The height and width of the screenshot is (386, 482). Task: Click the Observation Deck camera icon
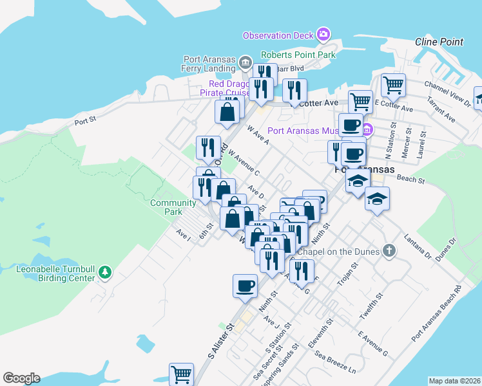(x=323, y=34)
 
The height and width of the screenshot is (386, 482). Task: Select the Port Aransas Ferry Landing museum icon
(x=245, y=62)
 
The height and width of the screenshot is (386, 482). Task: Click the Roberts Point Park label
(x=298, y=55)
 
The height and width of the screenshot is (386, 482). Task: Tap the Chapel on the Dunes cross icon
(x=388, y=250)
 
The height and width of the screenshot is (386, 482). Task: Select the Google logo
(x=21, y=378)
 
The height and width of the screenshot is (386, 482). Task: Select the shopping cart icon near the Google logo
(x=182, y=374)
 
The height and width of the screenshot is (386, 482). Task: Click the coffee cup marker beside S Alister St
(x=245, y=285)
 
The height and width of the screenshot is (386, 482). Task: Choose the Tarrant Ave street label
(x=445, y=111)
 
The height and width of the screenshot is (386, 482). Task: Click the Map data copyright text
(x=454, y=381)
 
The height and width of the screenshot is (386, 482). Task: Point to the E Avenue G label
(x=373, y=345)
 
